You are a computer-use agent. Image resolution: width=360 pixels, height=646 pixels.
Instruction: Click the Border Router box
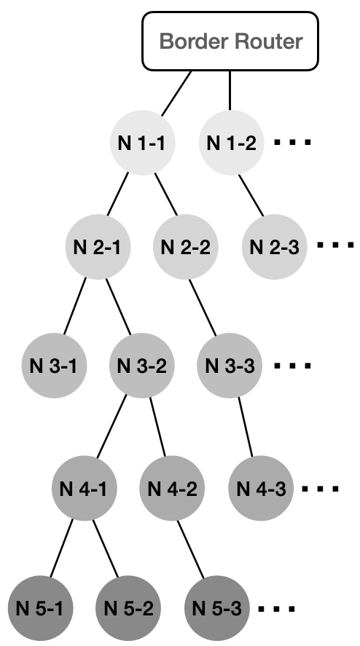pos(230,42)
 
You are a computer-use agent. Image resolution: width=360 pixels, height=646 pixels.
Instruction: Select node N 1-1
pos(142,143)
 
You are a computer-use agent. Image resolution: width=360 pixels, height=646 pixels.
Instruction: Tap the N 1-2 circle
pos(231,143)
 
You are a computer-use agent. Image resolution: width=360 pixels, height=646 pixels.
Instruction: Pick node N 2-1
pos(98,247)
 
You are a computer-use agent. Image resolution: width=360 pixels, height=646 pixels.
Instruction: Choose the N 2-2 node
pos(186,247)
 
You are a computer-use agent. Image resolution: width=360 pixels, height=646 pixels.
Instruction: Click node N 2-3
pos(274,247)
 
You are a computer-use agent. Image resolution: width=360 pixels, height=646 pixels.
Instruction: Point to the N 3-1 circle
pos(54,366)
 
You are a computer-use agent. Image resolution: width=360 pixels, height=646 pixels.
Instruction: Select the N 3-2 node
pos(142,366)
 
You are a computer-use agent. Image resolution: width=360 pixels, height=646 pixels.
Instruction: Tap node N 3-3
pos(230,366)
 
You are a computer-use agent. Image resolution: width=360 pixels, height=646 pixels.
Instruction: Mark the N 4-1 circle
pos(84,488)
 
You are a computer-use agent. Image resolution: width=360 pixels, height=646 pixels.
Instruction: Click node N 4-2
pos(172,488)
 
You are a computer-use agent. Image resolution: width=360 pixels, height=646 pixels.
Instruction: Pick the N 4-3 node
pos(261,488)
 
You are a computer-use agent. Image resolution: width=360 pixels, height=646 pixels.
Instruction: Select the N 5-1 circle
pos(40,608)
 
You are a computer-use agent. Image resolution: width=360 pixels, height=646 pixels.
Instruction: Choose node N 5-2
pos(128,608)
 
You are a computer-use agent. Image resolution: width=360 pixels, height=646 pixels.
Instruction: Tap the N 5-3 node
pos(217,608)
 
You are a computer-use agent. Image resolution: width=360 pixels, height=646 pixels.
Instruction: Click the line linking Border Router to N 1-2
pos(230,90)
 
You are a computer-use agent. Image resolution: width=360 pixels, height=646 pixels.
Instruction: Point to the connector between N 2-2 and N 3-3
pos(203,307)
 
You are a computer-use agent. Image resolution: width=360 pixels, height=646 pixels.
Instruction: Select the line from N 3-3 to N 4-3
pos(245,427)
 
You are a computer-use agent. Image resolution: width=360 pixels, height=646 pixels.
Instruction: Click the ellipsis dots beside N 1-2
pos(292,143)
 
